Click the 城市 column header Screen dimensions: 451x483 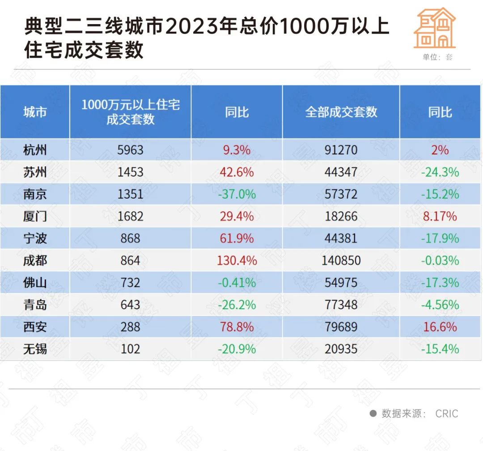coord(35,112)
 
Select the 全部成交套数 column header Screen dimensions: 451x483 coord(341,112)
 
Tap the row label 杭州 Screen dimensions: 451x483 coord(35,149)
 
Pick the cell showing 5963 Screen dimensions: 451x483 coord(130,149)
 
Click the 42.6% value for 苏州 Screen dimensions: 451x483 coord(237,172)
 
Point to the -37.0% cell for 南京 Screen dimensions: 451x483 coord(237,194)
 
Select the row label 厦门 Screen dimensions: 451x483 coord(35,217)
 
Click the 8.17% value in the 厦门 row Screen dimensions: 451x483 coord(440,217)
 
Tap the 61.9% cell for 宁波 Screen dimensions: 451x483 coord(237,238)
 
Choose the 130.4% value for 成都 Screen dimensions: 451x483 coord(237,260)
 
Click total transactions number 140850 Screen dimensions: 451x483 coord(341,260)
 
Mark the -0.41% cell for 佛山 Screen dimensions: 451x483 coord(237,283)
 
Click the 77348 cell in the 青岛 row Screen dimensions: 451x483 coord(341,305)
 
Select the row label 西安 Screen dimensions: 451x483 coord(35,327)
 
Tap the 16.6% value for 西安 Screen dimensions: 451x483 coord(440,327)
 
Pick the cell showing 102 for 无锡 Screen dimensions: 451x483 coord(130,349)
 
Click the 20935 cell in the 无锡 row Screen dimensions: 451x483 coord(341,349)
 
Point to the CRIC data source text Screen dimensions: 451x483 coord(446,413)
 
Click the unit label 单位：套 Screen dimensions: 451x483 coord(437,57)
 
